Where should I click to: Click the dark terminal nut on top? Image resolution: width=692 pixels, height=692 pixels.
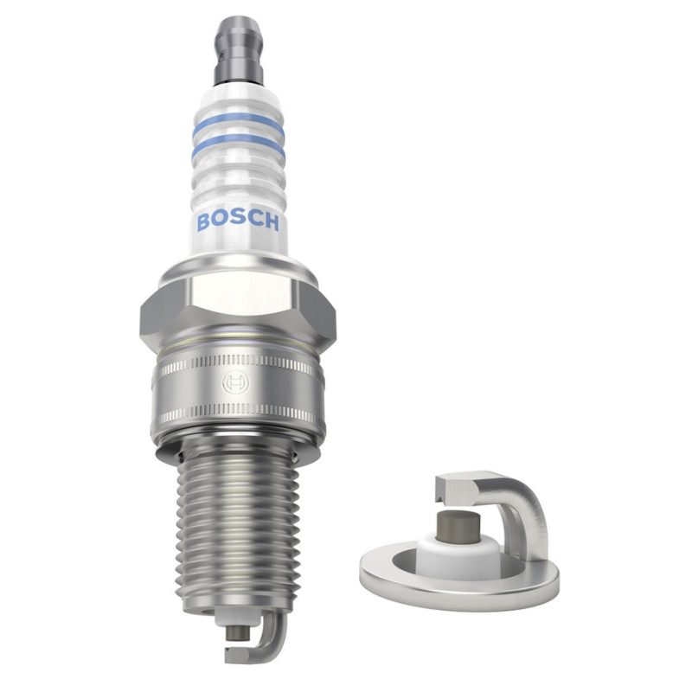(x=239, y=51)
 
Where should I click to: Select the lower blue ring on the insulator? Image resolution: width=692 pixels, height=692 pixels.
(x=239, y=144)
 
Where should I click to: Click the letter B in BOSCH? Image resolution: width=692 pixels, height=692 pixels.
(x=203, y=222)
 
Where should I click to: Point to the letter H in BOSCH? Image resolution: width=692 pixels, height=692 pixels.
(x=272, y=222)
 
